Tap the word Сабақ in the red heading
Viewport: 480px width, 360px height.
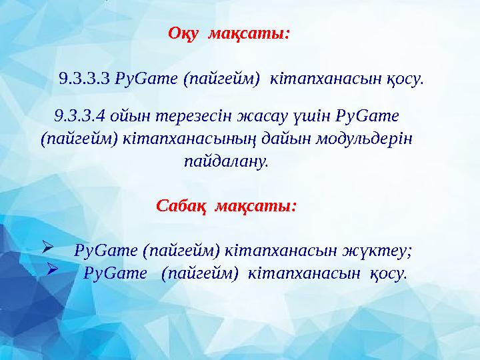177,205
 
